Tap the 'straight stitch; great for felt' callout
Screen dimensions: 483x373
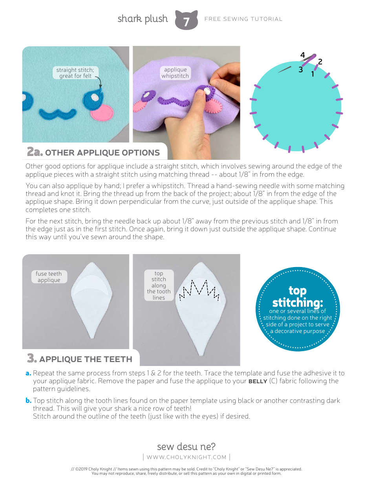(75, 73)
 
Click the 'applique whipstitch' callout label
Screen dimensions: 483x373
(175, 73)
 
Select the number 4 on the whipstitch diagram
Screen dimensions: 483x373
(302, 55)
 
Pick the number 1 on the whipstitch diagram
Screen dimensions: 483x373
(313, 73)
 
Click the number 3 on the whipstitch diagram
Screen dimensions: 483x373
(300, 70)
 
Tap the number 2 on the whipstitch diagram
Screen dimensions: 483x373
(320, 62)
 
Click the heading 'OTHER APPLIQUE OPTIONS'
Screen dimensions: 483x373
(102, 153)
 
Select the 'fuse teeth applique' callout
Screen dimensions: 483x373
(49, 277)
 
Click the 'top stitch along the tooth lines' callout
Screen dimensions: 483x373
(159, 285)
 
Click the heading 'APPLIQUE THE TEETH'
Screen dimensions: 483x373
(86, 359)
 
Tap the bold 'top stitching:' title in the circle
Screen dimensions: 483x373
(297, 296)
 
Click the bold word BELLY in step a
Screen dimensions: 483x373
(258, 381)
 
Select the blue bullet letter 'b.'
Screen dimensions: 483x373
(28, 401)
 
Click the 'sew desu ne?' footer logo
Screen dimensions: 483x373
(186, 447)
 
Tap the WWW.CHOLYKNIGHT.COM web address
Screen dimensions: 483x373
(186, 457)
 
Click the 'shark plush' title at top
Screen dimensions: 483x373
(143, 19)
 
